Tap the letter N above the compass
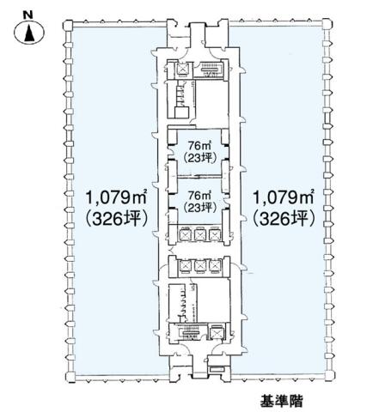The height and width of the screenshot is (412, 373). pos(28,15)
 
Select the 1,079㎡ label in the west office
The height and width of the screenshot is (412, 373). pos(116,197)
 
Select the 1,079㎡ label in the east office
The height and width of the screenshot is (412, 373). pos(283,197)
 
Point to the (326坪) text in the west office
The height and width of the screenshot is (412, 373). pos(116,220)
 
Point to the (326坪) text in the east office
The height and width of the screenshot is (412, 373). pos(284,220)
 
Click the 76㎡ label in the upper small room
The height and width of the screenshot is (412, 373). pos(199,146)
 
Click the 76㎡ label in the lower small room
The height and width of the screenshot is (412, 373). pos(199,196)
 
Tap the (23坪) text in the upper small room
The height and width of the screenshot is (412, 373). pos(199,158)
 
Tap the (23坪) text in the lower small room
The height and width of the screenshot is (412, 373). pos(199,208)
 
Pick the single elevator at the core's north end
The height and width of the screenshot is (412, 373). pos(182,69)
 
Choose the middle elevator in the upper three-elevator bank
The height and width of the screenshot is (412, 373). pos(199,235)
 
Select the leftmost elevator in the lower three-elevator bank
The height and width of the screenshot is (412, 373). pos(185,266)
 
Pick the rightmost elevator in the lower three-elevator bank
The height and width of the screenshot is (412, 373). pos(215,266)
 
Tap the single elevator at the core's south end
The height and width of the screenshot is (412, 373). pos(216,332)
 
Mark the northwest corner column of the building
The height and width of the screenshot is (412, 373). pos(68,26)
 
